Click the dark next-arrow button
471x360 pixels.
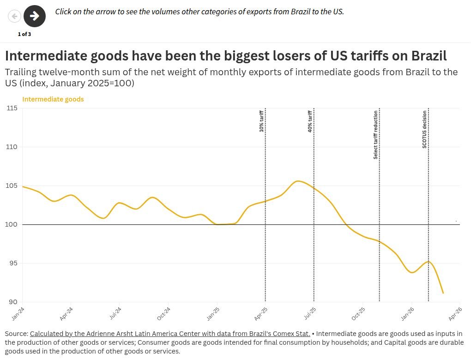pos(35,16)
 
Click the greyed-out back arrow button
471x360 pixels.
pos(14,16)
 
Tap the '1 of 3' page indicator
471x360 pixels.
pos(24,34)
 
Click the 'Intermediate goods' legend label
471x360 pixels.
pos(53,99)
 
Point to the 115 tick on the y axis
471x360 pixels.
pos(12,108)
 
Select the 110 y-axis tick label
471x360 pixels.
pos(12,147)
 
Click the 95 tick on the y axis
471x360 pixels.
pos(13,263)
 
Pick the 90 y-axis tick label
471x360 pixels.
pos(13,302)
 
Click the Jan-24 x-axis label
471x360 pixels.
pos(18,314)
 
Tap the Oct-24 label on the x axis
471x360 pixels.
pos(164,314)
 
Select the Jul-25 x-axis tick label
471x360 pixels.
pos(309,314)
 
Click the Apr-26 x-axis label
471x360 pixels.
pos(455,314)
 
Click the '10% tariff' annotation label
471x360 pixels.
pos(261,121)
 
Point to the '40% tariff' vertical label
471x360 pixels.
pos(310,121)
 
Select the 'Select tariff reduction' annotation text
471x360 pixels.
pos(375,134)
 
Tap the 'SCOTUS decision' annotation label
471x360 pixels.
pos(424,129)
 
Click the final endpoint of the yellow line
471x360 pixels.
pos(443,293)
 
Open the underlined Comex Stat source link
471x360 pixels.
pos(170,334)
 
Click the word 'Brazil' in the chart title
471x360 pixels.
pos(429,56)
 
